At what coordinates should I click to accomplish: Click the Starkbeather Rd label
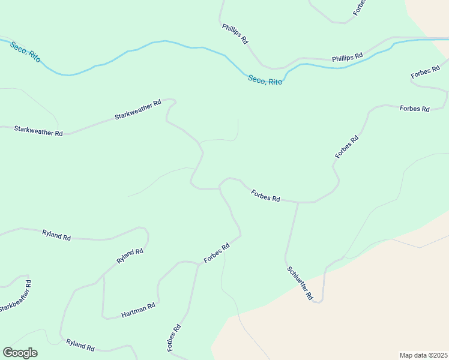(16, 296)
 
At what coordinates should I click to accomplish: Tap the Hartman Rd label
(138, 310)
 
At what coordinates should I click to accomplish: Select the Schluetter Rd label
(300, 283)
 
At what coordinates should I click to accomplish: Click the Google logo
(20, 353)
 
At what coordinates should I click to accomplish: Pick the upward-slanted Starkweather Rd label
(138, 110)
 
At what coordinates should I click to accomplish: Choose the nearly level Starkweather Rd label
(38, 130)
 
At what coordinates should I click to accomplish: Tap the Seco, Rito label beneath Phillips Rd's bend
(265, 79)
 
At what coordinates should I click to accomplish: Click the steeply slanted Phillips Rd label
(235, 34)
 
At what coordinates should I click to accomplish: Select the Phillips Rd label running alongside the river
(348, 57)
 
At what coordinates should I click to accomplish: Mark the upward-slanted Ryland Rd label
(130, 256)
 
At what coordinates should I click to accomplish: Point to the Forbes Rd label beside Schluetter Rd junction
(266, 196)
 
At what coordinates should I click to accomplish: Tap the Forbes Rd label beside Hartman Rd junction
(217, 253)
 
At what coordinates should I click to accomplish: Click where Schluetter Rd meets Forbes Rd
(298, 203)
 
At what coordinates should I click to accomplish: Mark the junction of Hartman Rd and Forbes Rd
(198, 263)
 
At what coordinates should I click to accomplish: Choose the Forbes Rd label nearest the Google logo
(174, 338)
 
